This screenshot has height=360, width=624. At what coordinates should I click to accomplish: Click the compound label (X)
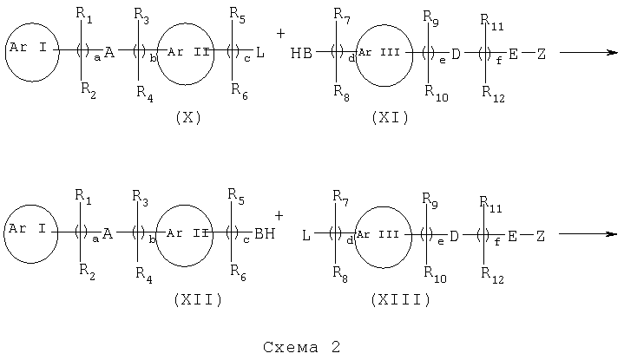188,118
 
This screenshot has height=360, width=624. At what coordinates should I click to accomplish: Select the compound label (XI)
390,118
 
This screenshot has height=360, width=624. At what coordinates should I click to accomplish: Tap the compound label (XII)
198,299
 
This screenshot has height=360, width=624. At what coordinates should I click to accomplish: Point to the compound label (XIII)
400,299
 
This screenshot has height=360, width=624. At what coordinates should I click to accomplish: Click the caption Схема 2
302,347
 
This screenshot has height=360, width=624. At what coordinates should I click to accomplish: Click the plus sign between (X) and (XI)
280,34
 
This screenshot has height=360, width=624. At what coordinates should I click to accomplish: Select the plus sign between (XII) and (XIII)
279,216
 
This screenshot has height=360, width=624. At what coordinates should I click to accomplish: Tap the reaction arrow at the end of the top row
588,52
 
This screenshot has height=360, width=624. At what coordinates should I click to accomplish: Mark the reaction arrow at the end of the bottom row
588,234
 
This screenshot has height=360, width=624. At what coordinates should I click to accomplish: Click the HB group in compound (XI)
301,53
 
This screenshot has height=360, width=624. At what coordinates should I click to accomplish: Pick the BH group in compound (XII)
265,233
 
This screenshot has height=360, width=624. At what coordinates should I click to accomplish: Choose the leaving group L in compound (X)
260,52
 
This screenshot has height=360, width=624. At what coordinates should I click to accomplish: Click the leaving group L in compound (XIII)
306,235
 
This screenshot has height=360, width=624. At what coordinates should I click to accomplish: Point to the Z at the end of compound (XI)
542,54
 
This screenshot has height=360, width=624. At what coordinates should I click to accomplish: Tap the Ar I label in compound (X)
28,48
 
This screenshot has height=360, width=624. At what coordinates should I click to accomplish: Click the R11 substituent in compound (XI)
492,22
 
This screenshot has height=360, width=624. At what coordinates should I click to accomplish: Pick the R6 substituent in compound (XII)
239,273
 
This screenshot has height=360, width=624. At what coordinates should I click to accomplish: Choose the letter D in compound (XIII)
454,236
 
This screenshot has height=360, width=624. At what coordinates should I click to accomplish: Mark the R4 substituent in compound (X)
145,94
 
